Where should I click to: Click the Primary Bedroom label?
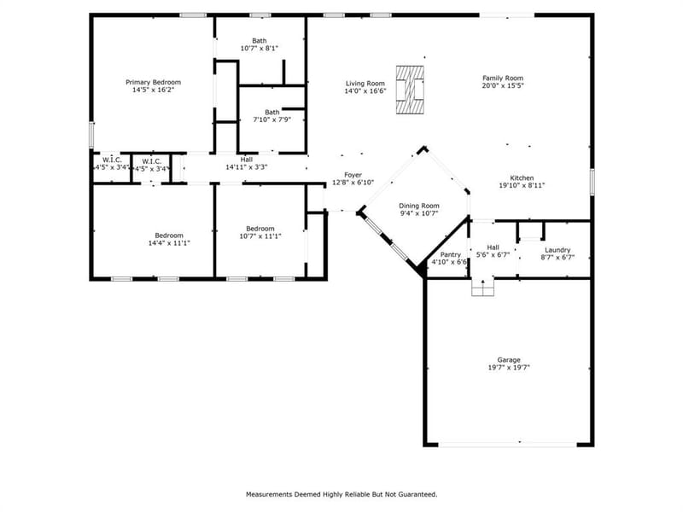[154, 82]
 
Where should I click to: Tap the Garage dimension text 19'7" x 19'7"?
[509, 368]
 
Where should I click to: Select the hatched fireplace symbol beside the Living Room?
[410, 90]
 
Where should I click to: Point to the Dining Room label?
[419, 206]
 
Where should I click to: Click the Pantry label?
[451, 254]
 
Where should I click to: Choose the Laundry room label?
[557, 250]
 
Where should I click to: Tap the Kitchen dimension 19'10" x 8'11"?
[522, 185]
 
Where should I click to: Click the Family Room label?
[503, 78]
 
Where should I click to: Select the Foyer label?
[353, 175]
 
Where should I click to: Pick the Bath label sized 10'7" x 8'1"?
[260, 40]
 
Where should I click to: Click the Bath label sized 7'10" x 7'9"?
[272, 113]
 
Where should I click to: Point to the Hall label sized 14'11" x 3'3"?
[247, 160]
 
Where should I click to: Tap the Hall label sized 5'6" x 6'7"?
[493, 247]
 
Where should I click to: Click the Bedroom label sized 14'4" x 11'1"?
[169, 236]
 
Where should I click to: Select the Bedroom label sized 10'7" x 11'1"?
[260, 229]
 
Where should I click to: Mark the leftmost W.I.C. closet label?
[112, 160]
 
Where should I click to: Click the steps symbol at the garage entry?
[483, 288]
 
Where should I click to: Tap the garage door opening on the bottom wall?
[507, 445]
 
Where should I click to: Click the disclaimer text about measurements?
[341, 495]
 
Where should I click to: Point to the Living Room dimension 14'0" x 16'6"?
[365, 91]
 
